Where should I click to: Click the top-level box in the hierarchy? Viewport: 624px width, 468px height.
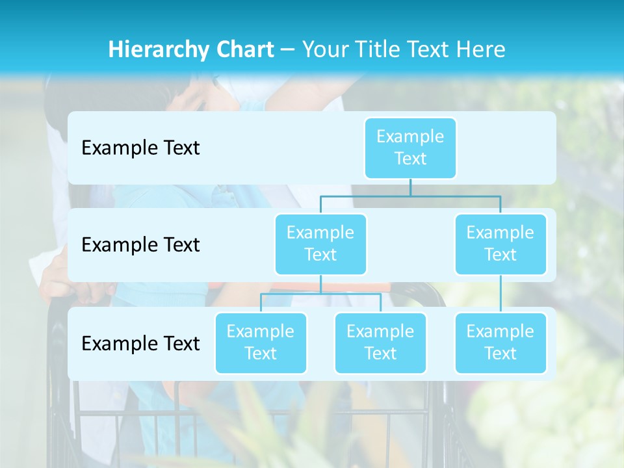pos(410,148)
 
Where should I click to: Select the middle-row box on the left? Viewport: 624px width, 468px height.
pos(320,244)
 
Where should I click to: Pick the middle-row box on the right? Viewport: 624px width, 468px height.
pos(500,244)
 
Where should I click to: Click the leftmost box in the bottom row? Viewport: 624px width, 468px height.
pos(261,343)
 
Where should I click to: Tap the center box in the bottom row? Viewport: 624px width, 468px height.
pos(380,343)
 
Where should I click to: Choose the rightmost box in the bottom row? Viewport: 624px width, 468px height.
pos(500,343)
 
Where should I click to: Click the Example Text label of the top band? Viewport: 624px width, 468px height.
pos(140,148)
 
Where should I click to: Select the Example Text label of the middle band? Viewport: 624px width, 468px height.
pos(140,244)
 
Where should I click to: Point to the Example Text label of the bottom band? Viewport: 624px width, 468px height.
pos(140,343)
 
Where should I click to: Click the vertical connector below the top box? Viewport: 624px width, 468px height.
pos(410,187)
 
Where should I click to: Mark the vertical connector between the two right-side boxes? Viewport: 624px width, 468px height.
pos(500,294)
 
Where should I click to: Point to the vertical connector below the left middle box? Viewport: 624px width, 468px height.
pos(320,284)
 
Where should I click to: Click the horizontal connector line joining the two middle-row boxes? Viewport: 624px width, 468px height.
pos(410,196)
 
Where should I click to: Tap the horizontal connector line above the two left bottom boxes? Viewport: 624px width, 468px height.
pos(320,294)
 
